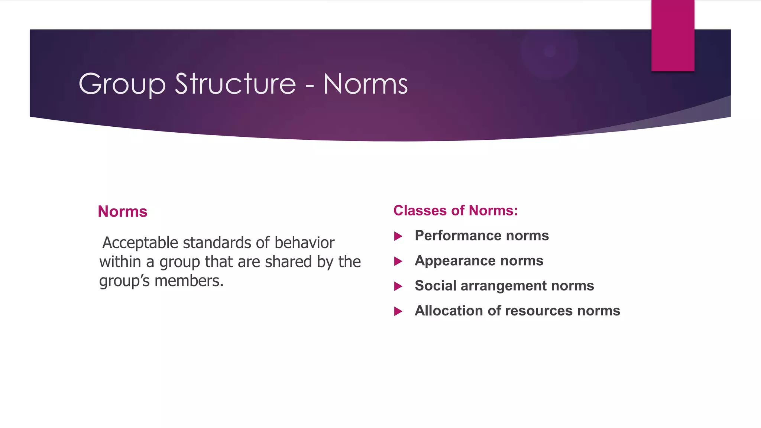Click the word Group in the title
[122, 85]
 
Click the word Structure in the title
[235, 84]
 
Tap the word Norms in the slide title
[366, 84]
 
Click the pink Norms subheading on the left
[123, 211]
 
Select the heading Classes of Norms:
[456, 211]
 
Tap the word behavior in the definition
[304, 243]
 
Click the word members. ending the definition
[189, 281]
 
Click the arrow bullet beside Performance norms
[398, 236]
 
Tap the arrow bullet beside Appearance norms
[398, 262]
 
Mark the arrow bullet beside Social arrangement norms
[398, 286]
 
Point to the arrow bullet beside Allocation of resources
[398, 311]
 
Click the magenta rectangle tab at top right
[673, 36]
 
